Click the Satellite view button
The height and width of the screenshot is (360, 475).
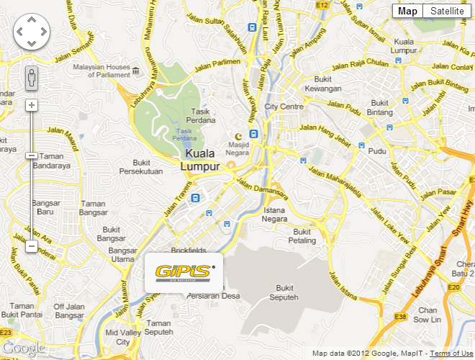coord(447,11)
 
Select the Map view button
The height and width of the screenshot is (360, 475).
coord(407,11)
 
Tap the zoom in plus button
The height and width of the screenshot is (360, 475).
coord(31,105)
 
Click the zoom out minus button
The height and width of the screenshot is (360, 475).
coord(31,246)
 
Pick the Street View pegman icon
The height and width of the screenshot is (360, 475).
coord(31,78)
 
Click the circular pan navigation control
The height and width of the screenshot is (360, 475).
coord(31,32)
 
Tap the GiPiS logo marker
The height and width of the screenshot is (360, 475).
coord(184,273)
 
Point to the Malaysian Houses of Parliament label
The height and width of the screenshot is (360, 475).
coord(101,71)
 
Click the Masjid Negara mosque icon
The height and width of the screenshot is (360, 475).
coord(238,136)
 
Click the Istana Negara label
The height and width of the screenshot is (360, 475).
coord(275,215)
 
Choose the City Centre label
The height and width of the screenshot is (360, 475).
coord(284,106)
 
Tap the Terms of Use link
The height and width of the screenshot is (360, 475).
coord(451,354)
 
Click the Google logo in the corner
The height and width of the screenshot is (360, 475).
coord(23,348)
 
